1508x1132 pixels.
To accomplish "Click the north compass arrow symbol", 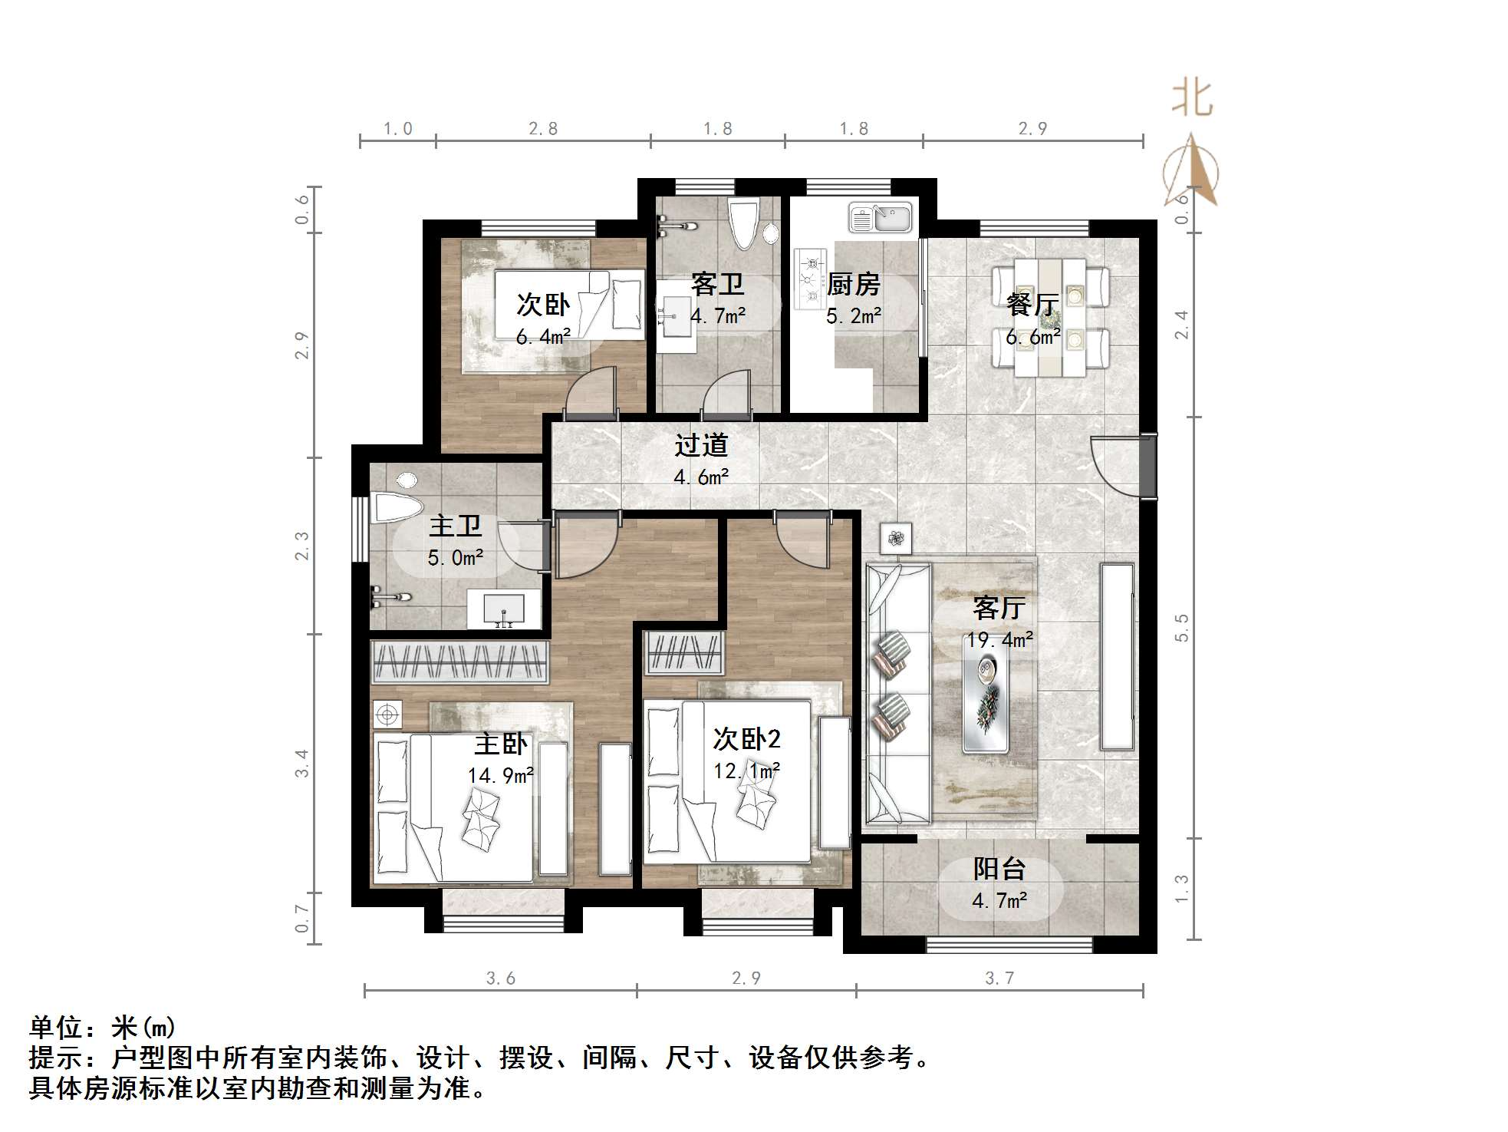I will click(1190, 171).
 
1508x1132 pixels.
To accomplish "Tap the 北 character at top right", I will click(1191, 99).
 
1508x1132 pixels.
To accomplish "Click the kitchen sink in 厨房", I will click(881, 217).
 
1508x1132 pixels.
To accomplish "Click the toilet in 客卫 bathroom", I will click(743, 223).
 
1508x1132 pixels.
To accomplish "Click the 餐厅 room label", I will click(1032, 304).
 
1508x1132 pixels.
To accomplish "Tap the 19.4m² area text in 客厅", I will click(999, 639).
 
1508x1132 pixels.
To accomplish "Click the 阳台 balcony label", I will click(999, 869).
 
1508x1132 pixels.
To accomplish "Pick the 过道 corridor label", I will click(701, 445).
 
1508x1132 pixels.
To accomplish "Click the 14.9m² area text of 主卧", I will click(501, 775).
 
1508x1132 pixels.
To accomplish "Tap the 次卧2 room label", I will click(746, 739).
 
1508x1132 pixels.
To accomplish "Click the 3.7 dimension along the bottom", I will click(999, 978).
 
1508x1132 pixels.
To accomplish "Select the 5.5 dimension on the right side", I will click(1182, 628).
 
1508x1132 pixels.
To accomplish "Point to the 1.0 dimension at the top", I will click(397, 128).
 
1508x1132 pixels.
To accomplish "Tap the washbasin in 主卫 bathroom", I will click(504, 609).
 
